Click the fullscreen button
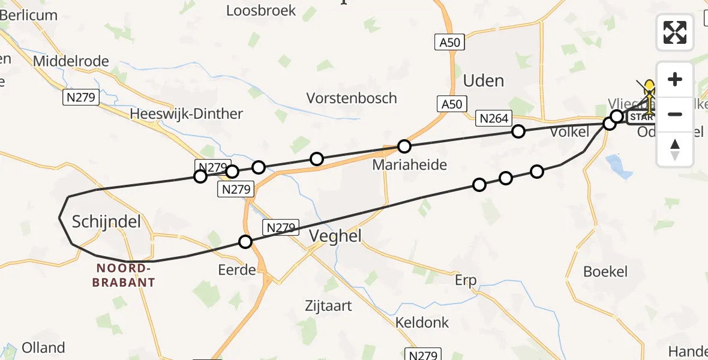675,32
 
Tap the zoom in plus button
675,79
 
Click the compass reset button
675,149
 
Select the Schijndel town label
106,222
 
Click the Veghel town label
335,236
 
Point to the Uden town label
484,81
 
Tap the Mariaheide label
410,164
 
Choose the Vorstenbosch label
352,98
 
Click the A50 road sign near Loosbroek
449,42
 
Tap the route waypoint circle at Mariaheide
404,146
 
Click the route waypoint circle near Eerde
245,242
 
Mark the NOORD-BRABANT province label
124,275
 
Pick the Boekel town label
605,271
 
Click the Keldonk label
422,322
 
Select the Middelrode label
71,61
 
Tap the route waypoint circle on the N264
518,131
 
